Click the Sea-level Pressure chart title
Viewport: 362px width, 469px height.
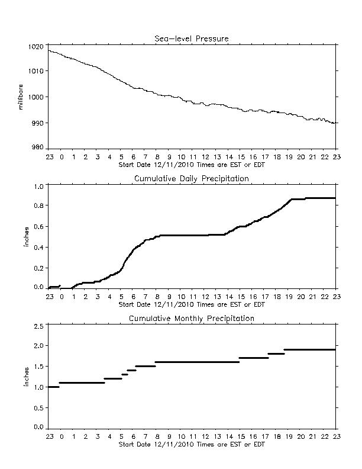pos(192,38)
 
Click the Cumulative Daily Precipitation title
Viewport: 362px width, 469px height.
pos(192,179)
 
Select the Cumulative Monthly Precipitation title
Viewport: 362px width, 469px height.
pos(192,318)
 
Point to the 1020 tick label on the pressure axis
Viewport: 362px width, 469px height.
pos(36,47)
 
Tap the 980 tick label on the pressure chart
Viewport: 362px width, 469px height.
pos(38,147)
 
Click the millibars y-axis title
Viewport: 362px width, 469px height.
pos(20,97)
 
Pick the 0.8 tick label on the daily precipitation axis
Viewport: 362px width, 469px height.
pos(39,205)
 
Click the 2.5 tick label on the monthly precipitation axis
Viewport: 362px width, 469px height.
pos(39,326)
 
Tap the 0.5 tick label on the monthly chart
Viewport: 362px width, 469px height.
pos(39,408)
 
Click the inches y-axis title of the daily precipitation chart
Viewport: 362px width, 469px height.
pos(26,237)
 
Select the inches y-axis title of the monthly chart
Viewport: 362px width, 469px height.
pos(26,377)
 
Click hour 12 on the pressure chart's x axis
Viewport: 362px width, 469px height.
pos(205,157)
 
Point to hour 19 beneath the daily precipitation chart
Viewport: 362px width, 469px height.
pos(289,297)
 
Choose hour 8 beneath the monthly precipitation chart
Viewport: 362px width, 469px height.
pos(157,436)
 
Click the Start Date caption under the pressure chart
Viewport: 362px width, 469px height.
pos(192,165)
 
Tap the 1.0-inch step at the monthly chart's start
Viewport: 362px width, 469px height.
pos(54,387)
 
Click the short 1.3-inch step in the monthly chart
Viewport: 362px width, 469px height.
pos(125,374)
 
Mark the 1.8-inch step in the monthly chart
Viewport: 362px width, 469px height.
pos(276,354)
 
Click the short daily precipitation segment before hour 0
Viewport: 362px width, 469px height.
pos(54,287)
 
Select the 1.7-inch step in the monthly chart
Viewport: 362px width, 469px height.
pos(254,358)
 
